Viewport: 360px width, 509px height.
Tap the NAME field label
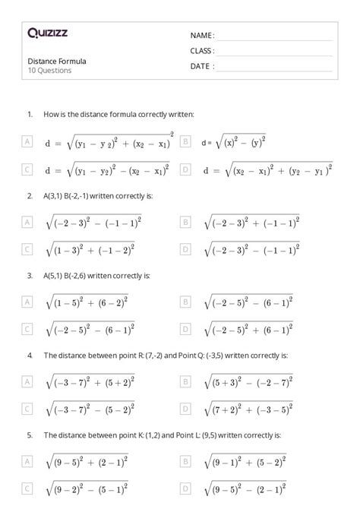point(202,36)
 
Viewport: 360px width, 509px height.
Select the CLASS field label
point(202,51)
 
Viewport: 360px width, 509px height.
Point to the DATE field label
point(201,66)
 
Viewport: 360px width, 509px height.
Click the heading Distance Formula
point(57,61)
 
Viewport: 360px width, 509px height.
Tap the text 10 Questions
point(49,71)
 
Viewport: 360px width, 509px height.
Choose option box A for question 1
point(27,141)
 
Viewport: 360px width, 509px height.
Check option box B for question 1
point(185,141)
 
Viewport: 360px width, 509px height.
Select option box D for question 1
point(185,170)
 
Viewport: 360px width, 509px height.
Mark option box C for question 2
point(27,248)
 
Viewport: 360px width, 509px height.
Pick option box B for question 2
point(185,222)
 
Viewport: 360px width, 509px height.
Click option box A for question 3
point(27,302)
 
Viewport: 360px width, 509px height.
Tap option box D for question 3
point(185,328)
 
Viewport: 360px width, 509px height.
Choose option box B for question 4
point(185,381)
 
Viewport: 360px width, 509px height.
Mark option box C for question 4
point(27,408)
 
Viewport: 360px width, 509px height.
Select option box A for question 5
point(27,461)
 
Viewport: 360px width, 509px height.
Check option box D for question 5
point(185,488)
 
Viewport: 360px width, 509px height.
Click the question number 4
point(29,355)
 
